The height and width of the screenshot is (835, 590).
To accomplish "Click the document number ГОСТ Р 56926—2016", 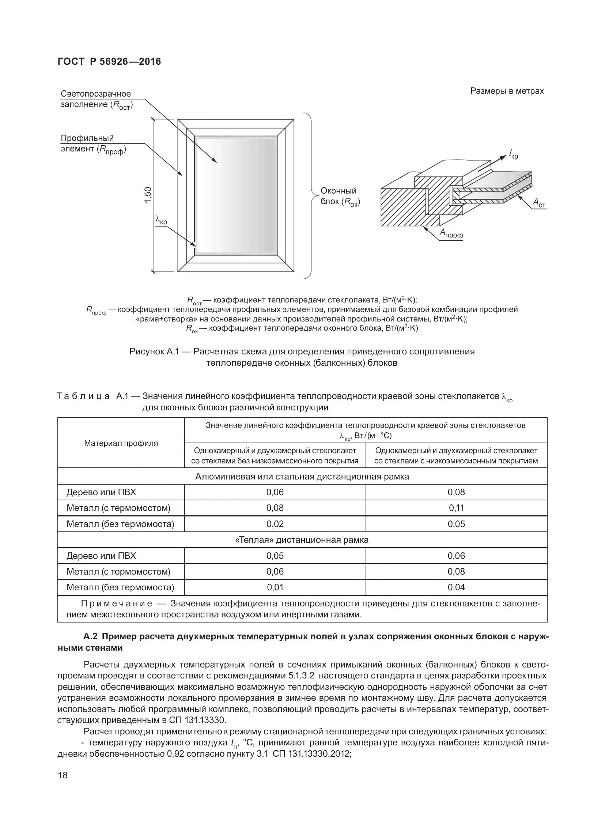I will (109, 61).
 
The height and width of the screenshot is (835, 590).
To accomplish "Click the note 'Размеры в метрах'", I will (507, 91).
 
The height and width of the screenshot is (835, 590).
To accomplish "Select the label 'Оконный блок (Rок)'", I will (340, 196).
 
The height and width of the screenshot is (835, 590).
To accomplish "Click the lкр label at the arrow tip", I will (513, 155).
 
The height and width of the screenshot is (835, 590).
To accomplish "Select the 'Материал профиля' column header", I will (121, 443).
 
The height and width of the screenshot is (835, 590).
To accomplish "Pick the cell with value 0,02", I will (275, 524).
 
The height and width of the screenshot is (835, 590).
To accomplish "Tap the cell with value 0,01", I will (275, 587).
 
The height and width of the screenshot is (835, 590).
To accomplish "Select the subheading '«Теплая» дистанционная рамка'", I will (302, 540).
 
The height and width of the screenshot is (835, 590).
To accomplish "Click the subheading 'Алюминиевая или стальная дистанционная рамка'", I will (302, 476).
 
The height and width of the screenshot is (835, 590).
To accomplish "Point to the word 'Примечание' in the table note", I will (117, 603).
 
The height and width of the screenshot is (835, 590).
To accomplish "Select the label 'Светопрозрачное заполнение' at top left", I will (96, 99).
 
